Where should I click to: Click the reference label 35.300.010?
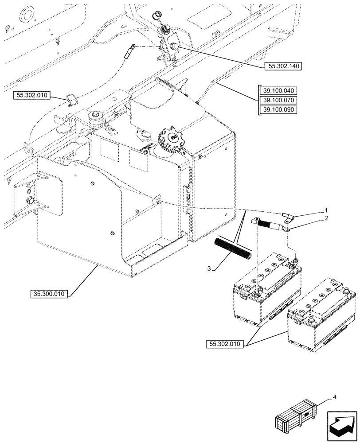coord(50,294)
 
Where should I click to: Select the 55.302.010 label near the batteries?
coord(224,344)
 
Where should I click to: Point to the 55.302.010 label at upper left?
coord(33,95)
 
